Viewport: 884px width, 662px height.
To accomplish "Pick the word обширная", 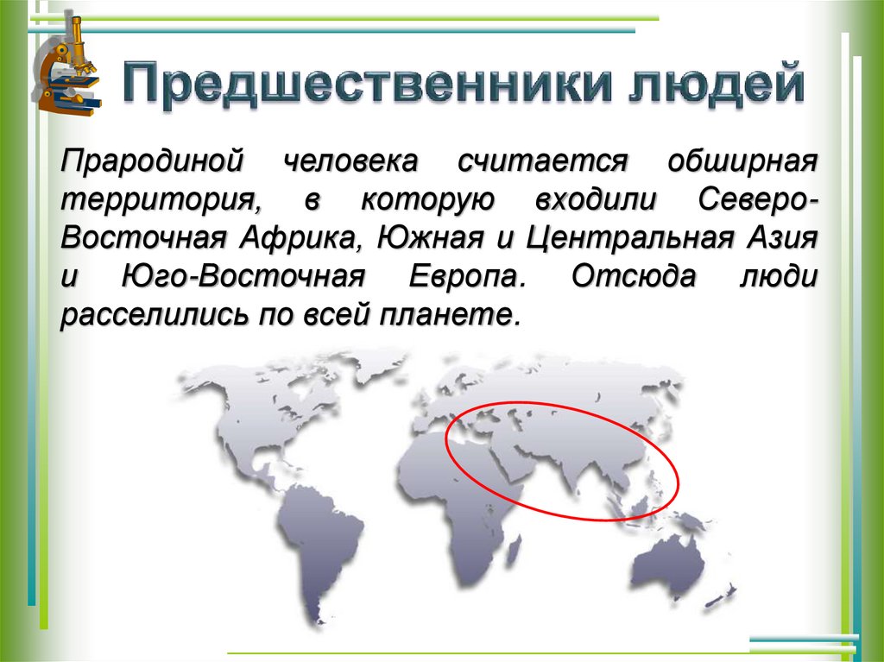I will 742,161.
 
